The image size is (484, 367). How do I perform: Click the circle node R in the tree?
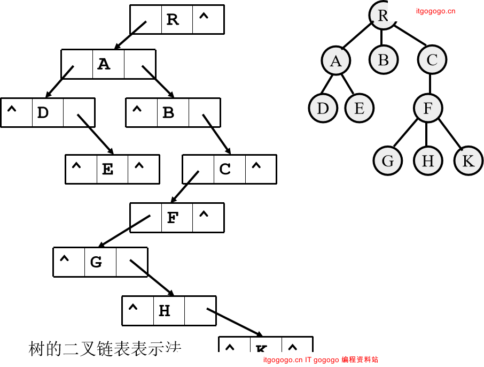(x=382, y=15)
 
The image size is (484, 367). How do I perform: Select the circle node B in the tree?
(x=383, y=60)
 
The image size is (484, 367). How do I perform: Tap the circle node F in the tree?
(x=427, y=108)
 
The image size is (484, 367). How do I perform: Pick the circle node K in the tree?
(x=469, y=160)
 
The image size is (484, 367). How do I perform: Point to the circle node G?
(x=388, y=160)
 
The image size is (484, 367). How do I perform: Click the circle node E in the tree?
(x=359, y=108)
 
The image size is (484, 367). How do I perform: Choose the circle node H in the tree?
(x=428, y=160)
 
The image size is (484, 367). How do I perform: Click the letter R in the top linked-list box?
(x=172, y=20)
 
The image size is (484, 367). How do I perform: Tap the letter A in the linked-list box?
(x=104, y=65)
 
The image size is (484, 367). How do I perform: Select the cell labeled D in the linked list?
(x=43, y=113)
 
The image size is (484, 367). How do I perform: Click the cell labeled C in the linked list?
(x=225, y=170)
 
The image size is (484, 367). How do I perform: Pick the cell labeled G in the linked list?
(x=96, y=262)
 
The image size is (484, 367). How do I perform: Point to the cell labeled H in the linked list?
(x=165, y=311)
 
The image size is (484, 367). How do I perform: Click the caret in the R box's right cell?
(x=204, y=18)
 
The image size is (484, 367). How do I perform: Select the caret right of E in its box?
(x=139, y=168)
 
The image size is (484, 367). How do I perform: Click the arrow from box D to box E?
(x=96, y=134)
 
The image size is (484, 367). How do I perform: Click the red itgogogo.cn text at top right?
(x=435, y=11)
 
